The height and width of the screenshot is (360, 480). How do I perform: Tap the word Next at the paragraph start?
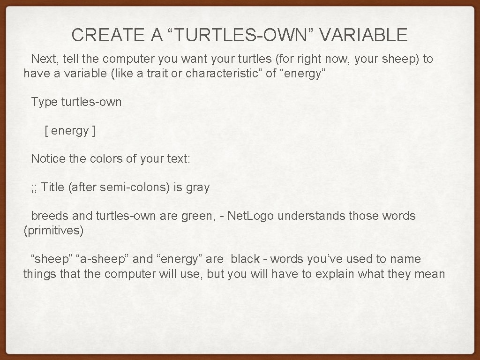pos(42,59)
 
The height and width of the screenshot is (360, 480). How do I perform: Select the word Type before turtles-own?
pos(44,102)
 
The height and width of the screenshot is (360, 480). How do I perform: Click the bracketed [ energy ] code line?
pos(70,131)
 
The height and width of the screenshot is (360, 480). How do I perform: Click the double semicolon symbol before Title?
pos(34,188)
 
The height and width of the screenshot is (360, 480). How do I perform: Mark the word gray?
pos(198,188)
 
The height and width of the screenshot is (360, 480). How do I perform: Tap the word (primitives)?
pos(53,231)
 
